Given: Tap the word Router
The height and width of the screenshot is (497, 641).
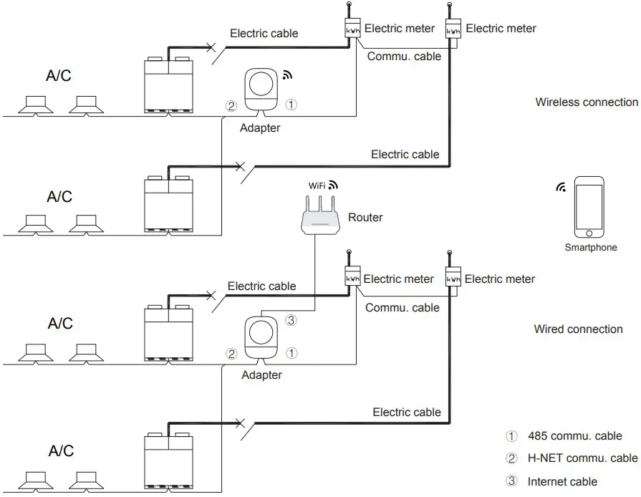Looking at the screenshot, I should (365, 217).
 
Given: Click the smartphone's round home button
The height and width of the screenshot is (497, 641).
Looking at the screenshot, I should (588, 233).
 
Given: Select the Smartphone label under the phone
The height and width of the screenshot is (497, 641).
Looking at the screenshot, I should (590, 248).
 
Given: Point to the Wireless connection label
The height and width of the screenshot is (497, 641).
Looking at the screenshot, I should (587, 102).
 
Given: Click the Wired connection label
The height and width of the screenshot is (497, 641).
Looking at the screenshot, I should (578, 329).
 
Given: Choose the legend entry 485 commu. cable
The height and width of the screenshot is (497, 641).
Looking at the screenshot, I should (574, 436).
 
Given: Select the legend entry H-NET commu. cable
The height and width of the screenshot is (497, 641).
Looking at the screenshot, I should (582, 458).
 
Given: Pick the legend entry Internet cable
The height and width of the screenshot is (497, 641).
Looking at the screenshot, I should (562, 481).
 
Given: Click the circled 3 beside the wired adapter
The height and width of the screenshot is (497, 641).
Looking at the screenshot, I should (291, 321).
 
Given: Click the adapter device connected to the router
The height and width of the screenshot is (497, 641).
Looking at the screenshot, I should (261, 337).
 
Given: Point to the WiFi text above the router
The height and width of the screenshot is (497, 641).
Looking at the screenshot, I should (317, 185).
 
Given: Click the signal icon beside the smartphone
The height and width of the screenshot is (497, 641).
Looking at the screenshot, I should (560, 188).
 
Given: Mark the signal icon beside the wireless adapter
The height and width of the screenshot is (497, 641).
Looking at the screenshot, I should (288, 74).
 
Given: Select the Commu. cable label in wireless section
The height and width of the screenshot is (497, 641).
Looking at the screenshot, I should (403, 57).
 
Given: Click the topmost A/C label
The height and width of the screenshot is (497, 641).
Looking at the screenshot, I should (59, 76).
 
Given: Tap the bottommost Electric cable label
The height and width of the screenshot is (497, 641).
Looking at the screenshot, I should (407, 412).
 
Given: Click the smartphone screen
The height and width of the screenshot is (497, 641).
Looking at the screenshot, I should (589, 205).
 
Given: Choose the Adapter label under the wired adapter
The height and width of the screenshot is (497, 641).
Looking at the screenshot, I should (261, 375).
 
